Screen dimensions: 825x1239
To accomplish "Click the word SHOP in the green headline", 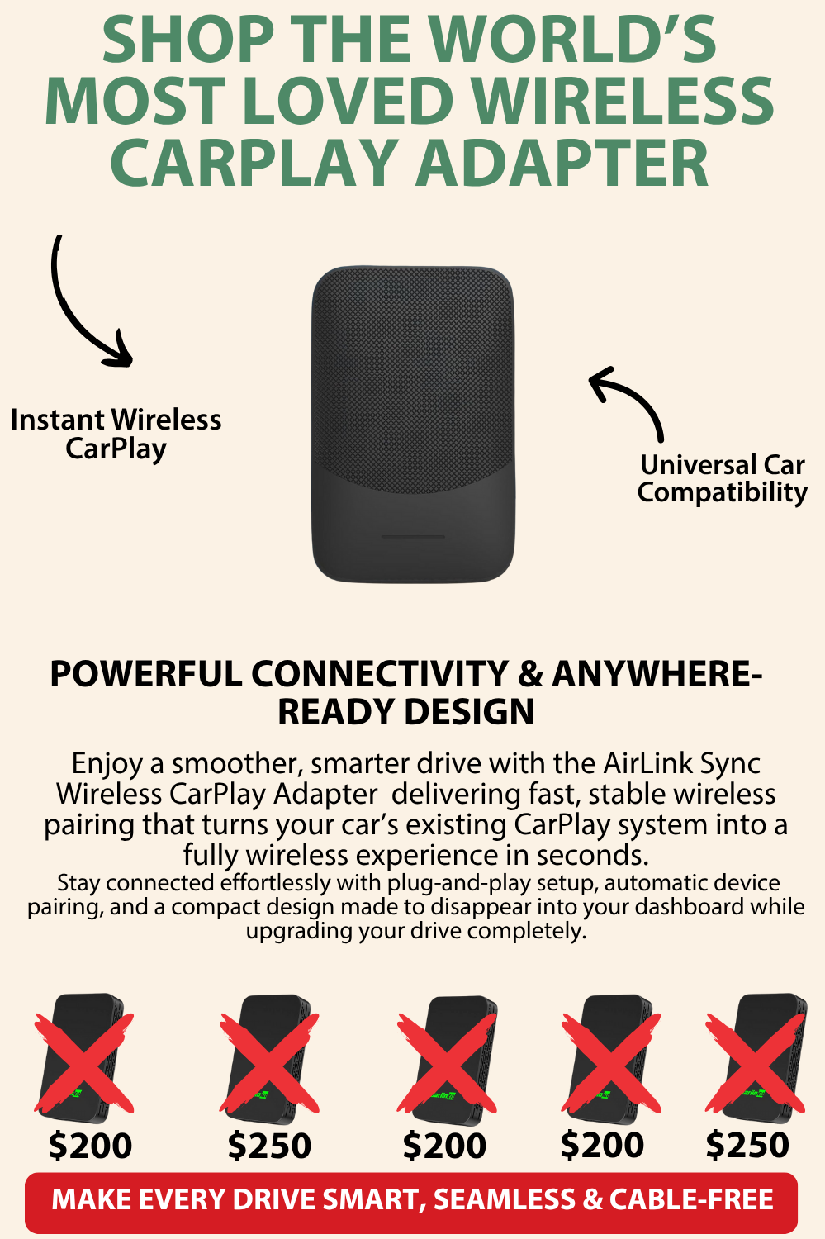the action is pyautogui.click(x=189, y=40).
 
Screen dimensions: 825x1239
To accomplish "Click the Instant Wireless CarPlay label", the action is pyautogui.click(x=116, y=434).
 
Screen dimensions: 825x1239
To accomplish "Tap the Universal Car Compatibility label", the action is pyautogui.click(x=722, y=479).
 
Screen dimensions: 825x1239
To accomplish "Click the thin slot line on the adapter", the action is pyautogui.click(x=413, y=537).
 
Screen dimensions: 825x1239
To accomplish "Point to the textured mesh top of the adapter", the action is pyautogui.click(x=413, y=376).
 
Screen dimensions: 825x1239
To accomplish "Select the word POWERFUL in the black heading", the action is pyautogui.click(x=146, y=674).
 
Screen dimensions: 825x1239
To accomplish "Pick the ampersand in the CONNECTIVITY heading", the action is pyautogui.click(x=530, y=674).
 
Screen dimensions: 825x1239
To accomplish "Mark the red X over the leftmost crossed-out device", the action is pyautogui.click(x=84, y=1062).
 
